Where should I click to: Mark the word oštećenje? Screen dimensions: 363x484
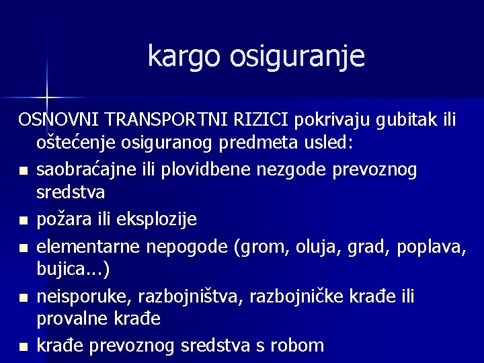(78, 145)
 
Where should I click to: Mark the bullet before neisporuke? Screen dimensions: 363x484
(24, 297)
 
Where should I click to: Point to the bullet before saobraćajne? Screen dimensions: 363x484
(24, 171)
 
